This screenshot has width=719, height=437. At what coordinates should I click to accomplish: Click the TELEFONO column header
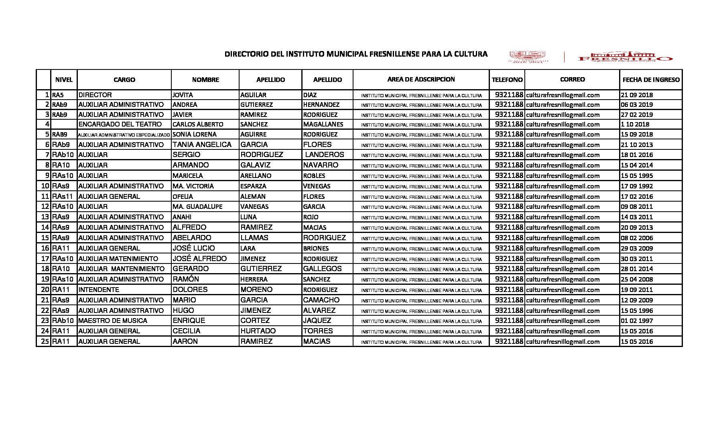(x=507, y=80)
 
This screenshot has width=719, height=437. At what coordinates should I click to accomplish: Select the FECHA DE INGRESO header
(x=651, y=80)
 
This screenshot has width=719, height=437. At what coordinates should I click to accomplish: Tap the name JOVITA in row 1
(x=183, y=95)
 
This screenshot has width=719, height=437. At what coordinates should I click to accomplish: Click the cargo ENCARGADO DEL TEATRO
(x=120, y=125)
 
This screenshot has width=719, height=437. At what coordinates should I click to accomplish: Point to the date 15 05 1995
(x=637, y=176)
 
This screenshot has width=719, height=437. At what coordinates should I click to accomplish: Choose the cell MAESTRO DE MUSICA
(x=113, y=321)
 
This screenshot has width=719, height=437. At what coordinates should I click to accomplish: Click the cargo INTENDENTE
(x=99, y=290)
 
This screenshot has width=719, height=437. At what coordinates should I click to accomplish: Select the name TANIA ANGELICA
(x=202, y=145)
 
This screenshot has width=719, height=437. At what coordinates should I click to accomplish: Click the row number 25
(x=45, y=341)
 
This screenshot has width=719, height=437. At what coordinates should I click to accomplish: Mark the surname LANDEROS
(x=325, y=155)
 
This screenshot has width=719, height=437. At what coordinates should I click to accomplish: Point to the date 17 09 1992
(x=637, y=186)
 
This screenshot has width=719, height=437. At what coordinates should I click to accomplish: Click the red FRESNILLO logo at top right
(x=625, y=57)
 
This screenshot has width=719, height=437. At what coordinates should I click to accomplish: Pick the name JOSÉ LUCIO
(x=193, y=248)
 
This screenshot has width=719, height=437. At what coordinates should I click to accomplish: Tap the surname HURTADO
(x=258, y=331)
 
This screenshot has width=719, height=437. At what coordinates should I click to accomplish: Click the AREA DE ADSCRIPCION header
(x=421, y=80)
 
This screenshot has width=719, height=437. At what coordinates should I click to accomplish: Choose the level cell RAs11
(x=62, y=197)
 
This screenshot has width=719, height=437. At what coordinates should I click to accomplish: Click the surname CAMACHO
(x=321, y=300)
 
